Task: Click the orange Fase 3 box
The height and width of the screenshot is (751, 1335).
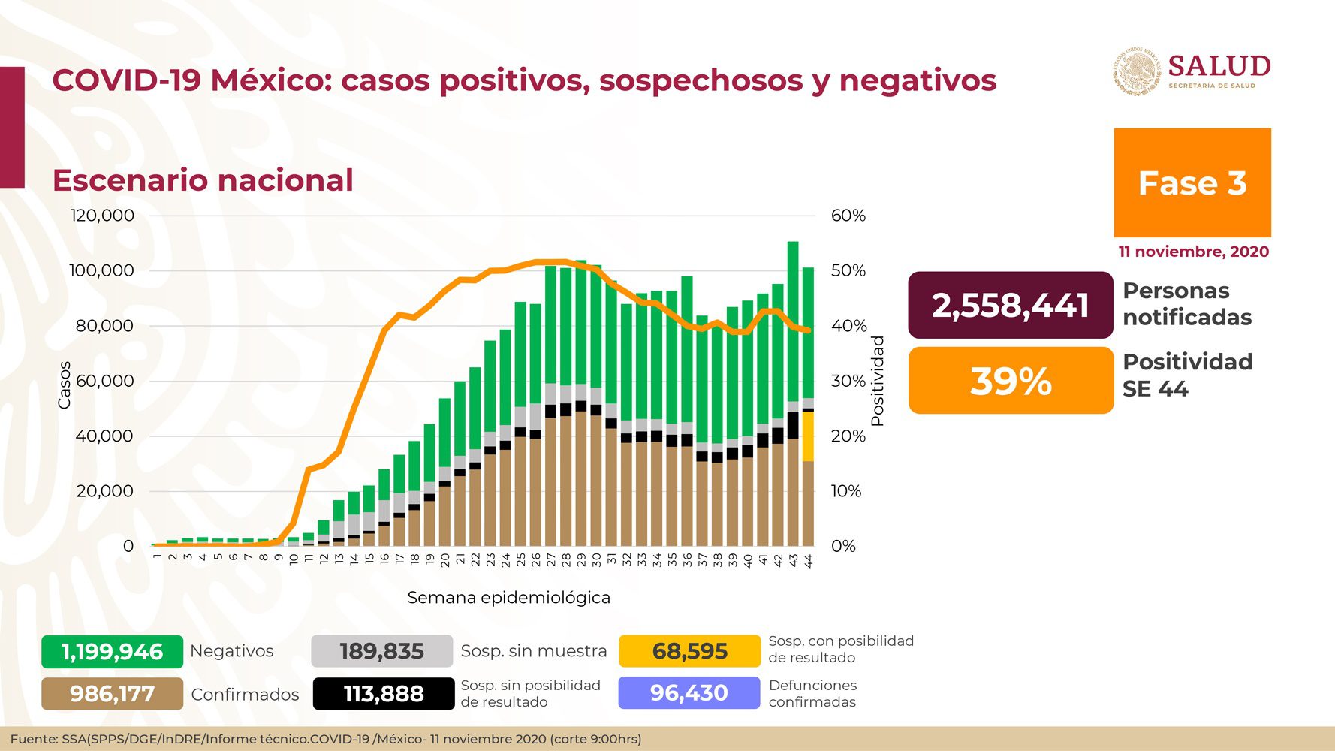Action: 1192,182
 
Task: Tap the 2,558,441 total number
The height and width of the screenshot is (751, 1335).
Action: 1010,305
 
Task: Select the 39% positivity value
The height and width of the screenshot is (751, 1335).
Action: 1010,381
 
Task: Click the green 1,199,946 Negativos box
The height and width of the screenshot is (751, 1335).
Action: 112,651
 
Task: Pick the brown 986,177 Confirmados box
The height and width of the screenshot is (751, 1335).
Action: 112,694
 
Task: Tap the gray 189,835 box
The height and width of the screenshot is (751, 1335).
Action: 381,651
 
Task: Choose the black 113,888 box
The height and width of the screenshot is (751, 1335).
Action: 383,694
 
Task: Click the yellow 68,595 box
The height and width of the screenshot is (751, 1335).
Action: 689,651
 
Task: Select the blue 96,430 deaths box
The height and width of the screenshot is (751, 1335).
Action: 689,692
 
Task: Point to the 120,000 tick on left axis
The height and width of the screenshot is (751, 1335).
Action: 102,216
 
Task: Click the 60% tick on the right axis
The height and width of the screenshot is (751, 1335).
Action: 848,216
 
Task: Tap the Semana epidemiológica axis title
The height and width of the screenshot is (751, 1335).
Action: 508,598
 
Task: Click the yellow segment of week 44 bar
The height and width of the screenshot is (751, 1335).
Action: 808,436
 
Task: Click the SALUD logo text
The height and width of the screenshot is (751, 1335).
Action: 1219,66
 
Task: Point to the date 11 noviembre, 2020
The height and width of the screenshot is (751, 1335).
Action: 1193,252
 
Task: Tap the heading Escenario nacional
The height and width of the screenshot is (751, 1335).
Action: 203,180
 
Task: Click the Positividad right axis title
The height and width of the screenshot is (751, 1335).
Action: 878,381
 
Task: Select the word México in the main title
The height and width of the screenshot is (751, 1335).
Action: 270,80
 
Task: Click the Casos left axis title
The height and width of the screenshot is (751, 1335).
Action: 65,385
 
